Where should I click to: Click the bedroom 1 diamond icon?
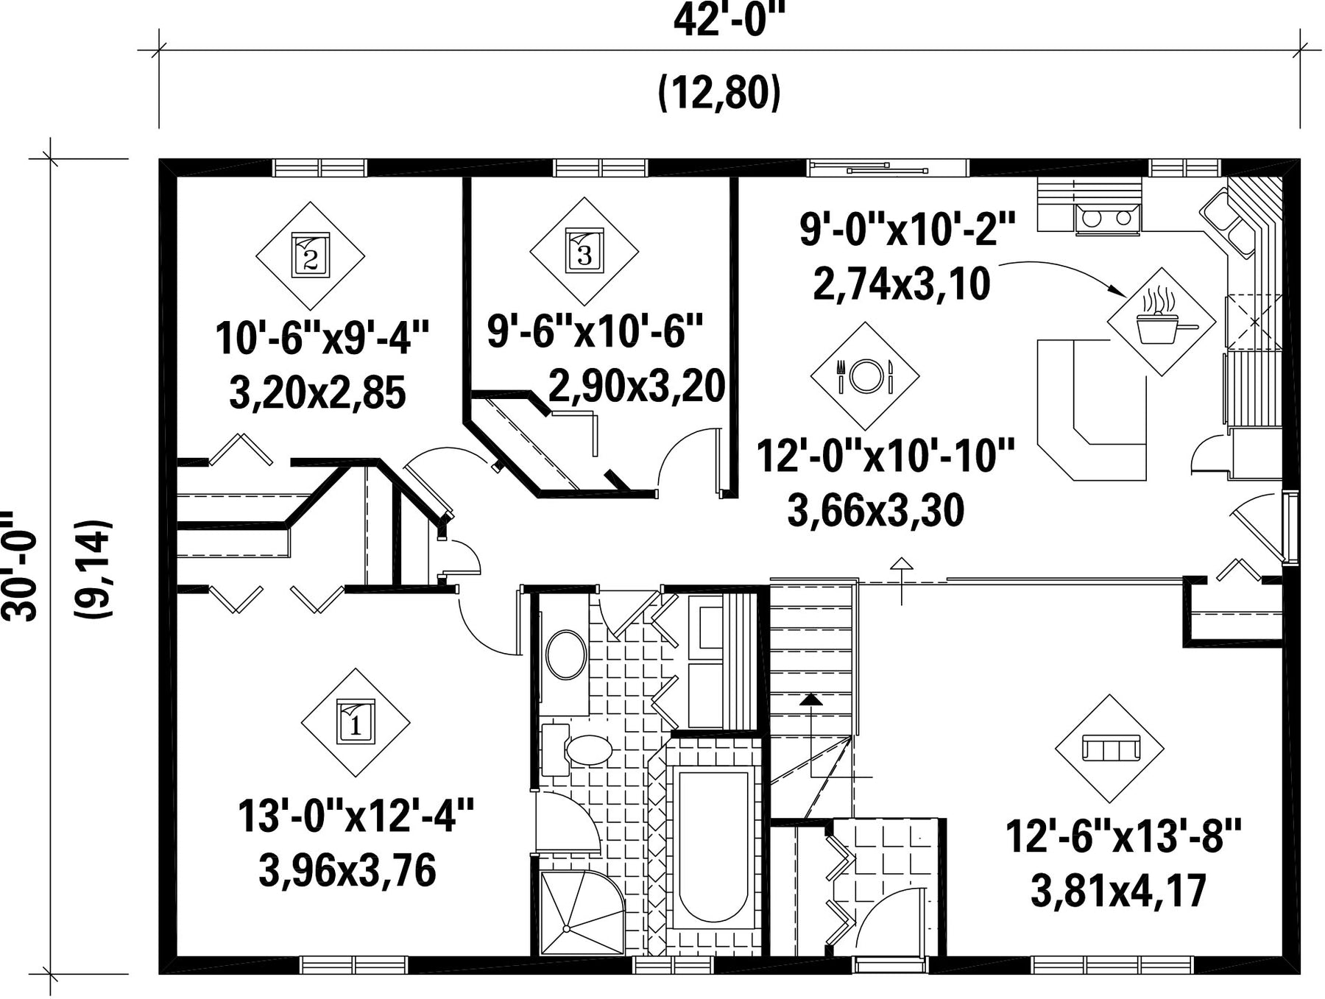pyautogui.click(x=356, y=722)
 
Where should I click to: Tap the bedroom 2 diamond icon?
pyautogui.click(x=310, y=255)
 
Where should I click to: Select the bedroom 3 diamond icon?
pyautogui.click(x=584, y=251)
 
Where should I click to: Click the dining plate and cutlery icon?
pyautogui.click(x=865, y=375)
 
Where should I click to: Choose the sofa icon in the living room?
pyautogui.click(x=1109, y=749)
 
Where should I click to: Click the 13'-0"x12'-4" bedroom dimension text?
pyautogui.click(x=356, y=816)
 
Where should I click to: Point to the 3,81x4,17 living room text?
pyautogui.click(x=1118, y=891)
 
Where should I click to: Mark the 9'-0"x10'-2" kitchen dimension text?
pyautogui.click(x=908, y=229)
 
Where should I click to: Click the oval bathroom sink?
pyautogui.click(x=566, y=654)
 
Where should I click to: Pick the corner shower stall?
pyautogui.click(x=582, y=913)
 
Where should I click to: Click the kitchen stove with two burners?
pyautogui.click(x=1108, y=219)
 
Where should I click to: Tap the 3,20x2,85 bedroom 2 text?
pyautogui.click(x=317, y=393)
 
